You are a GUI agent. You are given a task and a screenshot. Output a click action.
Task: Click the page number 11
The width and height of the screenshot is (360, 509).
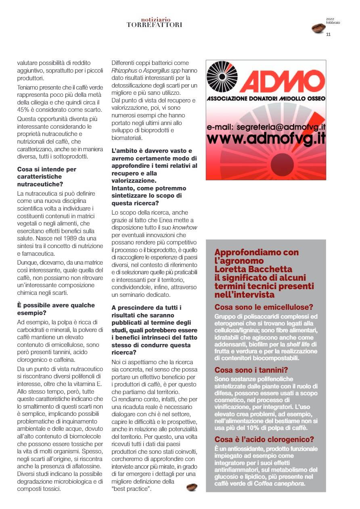tap(328, 34)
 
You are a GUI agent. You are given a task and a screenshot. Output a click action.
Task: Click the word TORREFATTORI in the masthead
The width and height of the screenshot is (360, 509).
tap(155, 25)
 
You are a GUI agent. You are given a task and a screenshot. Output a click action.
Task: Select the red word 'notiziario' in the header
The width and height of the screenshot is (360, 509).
tap(156, 19)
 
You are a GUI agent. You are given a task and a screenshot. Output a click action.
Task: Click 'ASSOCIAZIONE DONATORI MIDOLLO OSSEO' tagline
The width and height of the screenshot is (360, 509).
tap(266, 99)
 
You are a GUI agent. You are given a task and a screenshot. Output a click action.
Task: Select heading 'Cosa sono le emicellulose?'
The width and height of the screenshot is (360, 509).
tap(264, 307)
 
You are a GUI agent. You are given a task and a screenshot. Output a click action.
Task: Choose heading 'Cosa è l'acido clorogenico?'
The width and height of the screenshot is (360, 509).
tap(264, 440)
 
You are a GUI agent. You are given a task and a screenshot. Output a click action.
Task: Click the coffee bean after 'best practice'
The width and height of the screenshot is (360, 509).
tap(192, 487)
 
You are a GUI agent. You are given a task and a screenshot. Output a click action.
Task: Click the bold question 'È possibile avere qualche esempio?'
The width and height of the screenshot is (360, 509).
tap(56, 309)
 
